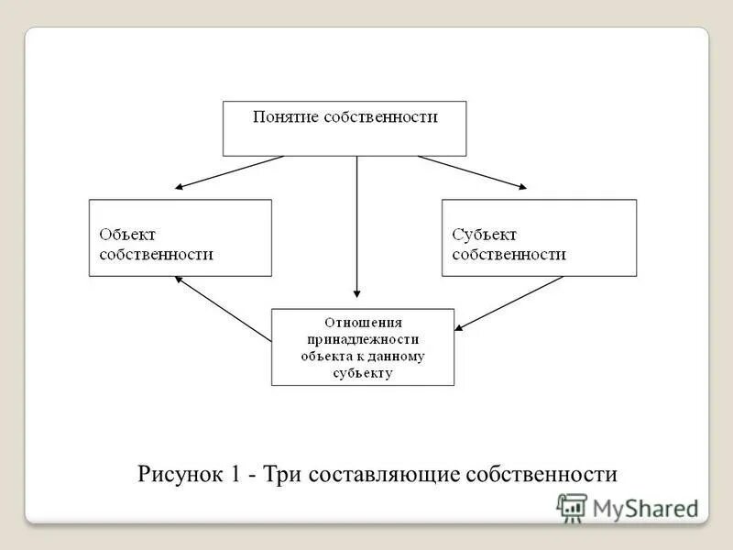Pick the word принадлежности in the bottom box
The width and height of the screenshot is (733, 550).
363,339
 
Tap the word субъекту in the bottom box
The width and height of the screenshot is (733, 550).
363,373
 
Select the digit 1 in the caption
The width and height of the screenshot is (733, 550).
235,475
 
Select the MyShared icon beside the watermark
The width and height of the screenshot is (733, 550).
571,507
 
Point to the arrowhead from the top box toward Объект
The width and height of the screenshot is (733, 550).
181,187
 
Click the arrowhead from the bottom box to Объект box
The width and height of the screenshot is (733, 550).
180,280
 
